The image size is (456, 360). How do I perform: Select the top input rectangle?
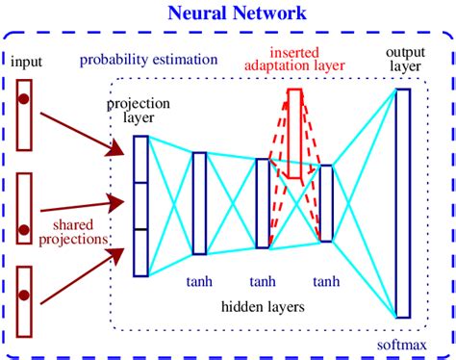[25, 115]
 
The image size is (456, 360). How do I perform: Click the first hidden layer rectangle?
[199, 203]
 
